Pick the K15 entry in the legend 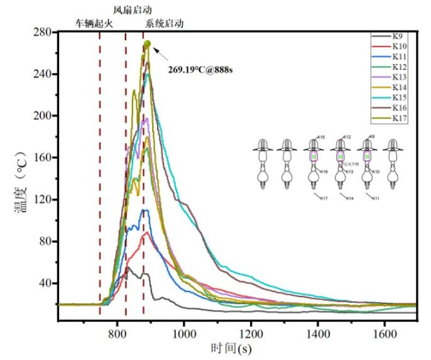[x=400, y=97]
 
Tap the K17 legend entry [x=400, y=118]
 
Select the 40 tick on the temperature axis [x=45, y=283]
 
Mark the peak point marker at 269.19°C [x=147, y=44]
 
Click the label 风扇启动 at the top [x=132, y=9]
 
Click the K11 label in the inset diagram [x=376, y=199]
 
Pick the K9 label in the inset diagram [x=373, y=137]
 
